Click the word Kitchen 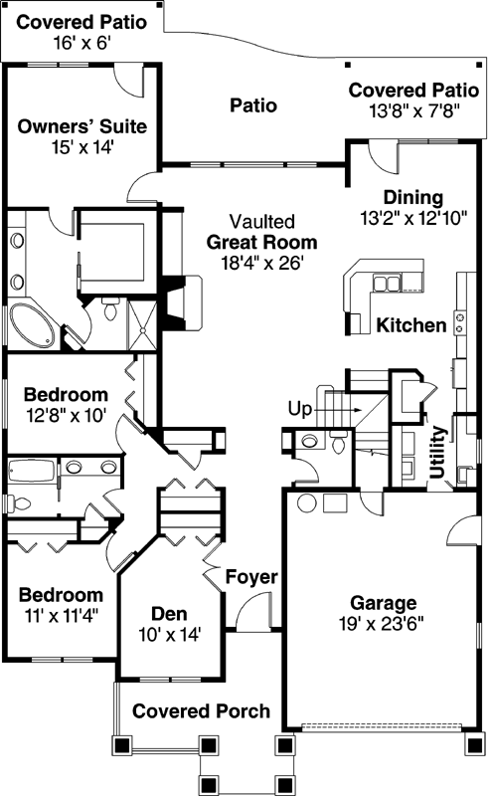410,325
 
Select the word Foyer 250,577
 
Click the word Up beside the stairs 299,408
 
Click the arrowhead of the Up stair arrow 357,409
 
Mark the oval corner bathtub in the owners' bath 33,324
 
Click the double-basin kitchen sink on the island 387,285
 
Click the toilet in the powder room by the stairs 310,441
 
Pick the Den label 170,613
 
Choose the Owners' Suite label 82,126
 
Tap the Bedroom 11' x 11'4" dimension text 62,616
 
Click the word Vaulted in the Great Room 261,220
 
